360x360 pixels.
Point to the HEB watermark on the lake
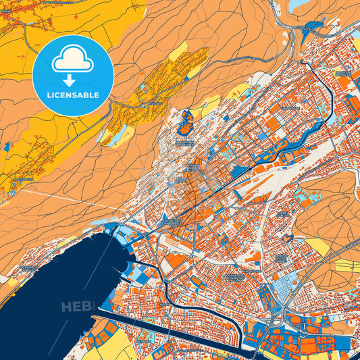pos(76,307)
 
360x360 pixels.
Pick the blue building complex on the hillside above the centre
pos(186,122)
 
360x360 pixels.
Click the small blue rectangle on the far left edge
pos(7,146)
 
